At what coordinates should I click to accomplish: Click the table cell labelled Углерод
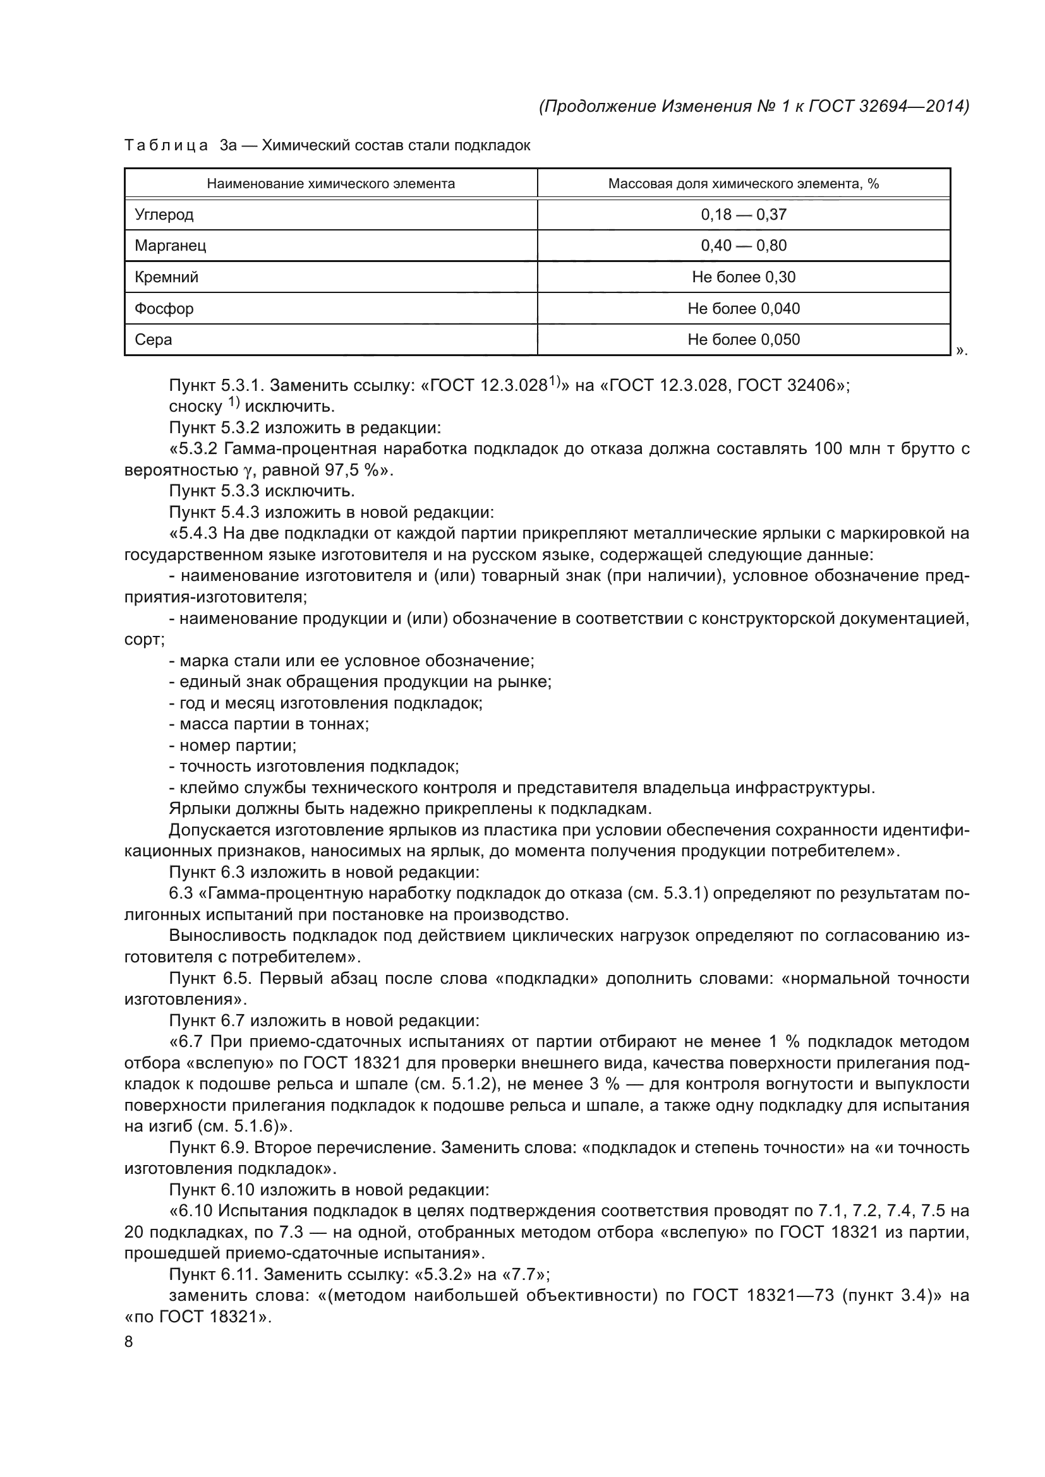(164, 214)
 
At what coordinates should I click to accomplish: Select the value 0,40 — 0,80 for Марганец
(743, 245)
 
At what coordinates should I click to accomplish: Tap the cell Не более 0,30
(743, 277)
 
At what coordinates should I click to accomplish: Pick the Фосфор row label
(164, 309)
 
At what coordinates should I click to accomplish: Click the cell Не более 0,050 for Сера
(743, 340)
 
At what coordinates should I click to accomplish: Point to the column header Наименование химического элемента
(330, 184)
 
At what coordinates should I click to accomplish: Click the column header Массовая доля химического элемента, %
(743, 184)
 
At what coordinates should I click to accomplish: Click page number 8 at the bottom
(129, 1342)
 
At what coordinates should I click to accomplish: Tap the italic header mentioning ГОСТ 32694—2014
(754, 106)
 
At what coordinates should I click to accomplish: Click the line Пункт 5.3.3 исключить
(262, 491)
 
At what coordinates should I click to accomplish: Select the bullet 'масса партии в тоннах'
(269, 724)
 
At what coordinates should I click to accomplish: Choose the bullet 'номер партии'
(233, 746)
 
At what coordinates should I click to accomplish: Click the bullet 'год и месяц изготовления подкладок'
(325, 703)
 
